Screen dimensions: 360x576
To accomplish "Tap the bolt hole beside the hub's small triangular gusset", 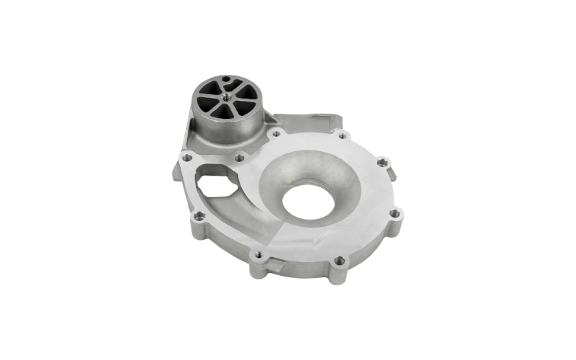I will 276,133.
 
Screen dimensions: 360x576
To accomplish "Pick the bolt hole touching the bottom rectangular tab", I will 259,255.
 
